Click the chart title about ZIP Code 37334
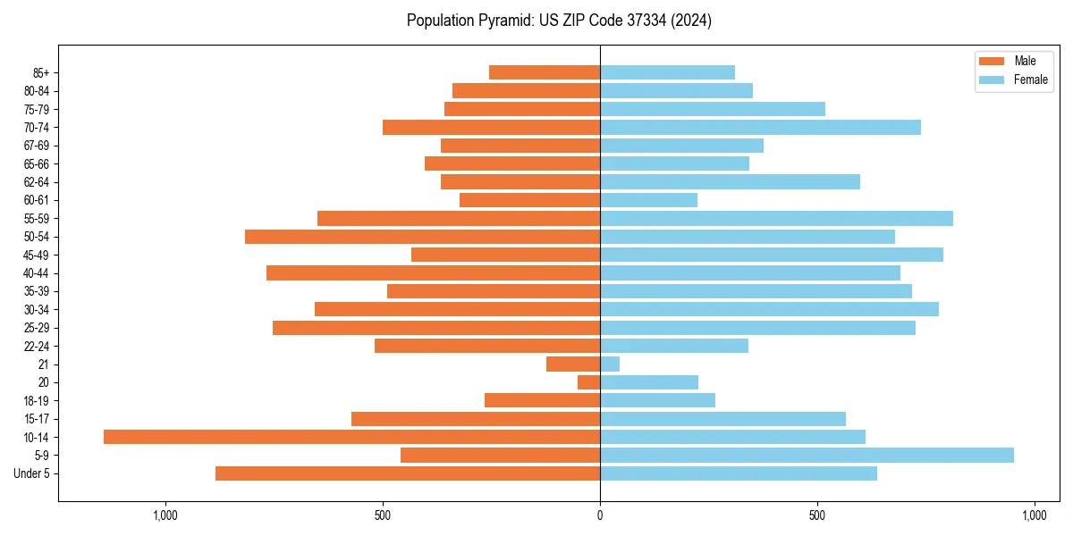559,21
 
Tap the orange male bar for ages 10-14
351,437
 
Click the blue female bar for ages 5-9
807,455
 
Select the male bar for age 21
573,364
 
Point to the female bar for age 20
649,382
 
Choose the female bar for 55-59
776,218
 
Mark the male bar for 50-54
422,237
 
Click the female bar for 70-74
760,127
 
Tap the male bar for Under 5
408,473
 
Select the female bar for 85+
667,72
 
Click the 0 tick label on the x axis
600,515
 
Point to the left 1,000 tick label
165,515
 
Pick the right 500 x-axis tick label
816,515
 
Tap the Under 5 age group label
32,473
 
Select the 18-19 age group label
37,400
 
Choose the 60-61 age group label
37,200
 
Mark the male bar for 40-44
433,272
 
